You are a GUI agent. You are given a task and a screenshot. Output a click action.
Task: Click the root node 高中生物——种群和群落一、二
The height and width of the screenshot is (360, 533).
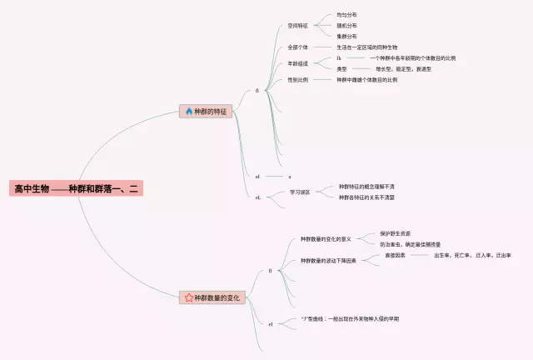(x=77, y=189)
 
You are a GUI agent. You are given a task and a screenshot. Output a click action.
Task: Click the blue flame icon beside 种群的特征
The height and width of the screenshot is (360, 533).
(x=188, y=111)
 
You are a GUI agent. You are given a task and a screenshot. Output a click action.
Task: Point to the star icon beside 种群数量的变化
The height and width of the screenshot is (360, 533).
(x=188, y=297)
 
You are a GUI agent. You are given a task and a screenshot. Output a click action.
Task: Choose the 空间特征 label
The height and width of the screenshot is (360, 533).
(x=298, y=26)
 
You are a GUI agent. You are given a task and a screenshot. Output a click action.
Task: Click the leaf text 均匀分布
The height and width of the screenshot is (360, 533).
(x=347, y=15)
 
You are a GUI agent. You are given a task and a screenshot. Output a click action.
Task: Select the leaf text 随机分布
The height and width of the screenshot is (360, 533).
(x=347, y=26)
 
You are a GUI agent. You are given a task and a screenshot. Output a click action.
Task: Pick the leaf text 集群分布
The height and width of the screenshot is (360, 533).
(x=347, y=37)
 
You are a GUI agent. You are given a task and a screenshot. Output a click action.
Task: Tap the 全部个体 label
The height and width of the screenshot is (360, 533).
(x=298, y=47)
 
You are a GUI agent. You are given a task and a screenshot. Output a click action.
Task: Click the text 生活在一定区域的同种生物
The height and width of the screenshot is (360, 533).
(x=367, y=47)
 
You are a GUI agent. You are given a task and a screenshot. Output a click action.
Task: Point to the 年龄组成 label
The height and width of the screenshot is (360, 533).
(x=298, y=63)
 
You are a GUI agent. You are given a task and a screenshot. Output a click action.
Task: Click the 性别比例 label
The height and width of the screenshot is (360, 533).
(x=298, y=80)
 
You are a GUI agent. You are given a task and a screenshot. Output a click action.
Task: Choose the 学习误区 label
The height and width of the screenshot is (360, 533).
(x=300, y=192)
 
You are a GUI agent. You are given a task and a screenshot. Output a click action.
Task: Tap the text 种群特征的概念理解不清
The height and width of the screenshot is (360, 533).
(x=366, y=187)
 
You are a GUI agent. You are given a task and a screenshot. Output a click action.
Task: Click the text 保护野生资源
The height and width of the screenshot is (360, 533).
(x=395, y=233)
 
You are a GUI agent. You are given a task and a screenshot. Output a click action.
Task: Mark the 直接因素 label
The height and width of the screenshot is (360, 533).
(x=396, y=255)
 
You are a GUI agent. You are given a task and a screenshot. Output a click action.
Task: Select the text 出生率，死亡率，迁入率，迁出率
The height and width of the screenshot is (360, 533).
(x=472, y=255)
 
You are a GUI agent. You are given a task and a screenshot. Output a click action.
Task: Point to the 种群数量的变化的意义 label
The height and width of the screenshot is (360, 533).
(x=326, y=239)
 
